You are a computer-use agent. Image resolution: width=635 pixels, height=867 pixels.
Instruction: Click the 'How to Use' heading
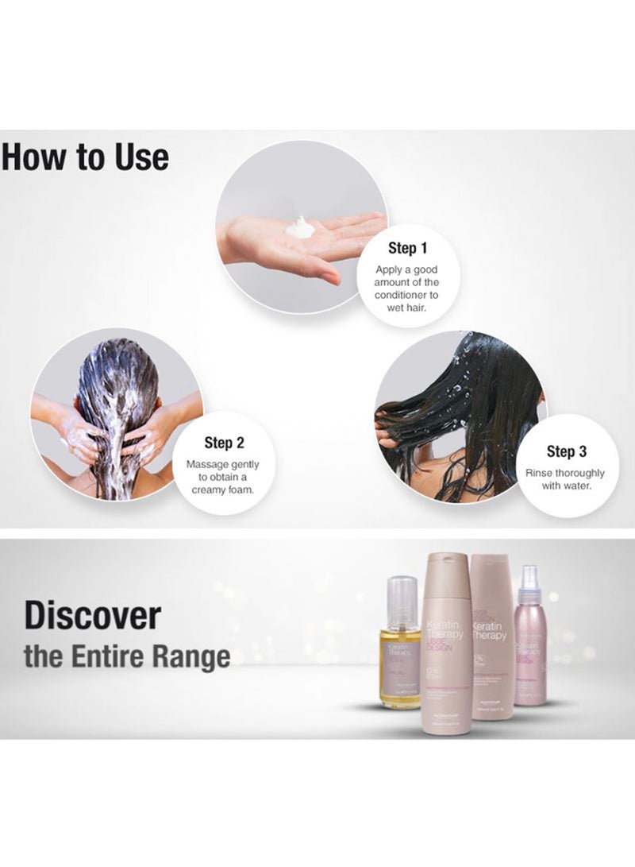(x=85, y=157)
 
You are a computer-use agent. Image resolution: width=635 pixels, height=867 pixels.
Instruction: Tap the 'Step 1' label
(x=407, y=248)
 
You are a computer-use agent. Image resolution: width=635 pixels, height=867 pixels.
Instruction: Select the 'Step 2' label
(x=223, y=443)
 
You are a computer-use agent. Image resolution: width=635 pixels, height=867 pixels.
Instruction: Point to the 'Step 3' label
(x=567, y=451)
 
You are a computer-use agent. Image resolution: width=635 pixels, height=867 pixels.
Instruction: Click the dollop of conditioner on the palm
(x=300, y=228)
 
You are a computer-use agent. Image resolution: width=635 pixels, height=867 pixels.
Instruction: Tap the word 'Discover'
(x=92, y=616)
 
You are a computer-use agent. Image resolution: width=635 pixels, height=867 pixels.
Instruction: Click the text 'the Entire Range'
(x=127, y=657)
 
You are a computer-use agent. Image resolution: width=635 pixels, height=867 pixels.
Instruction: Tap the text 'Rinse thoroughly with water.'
(x=567, y=479)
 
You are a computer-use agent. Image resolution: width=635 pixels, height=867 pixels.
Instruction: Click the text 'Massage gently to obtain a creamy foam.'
(x=223, y=477)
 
